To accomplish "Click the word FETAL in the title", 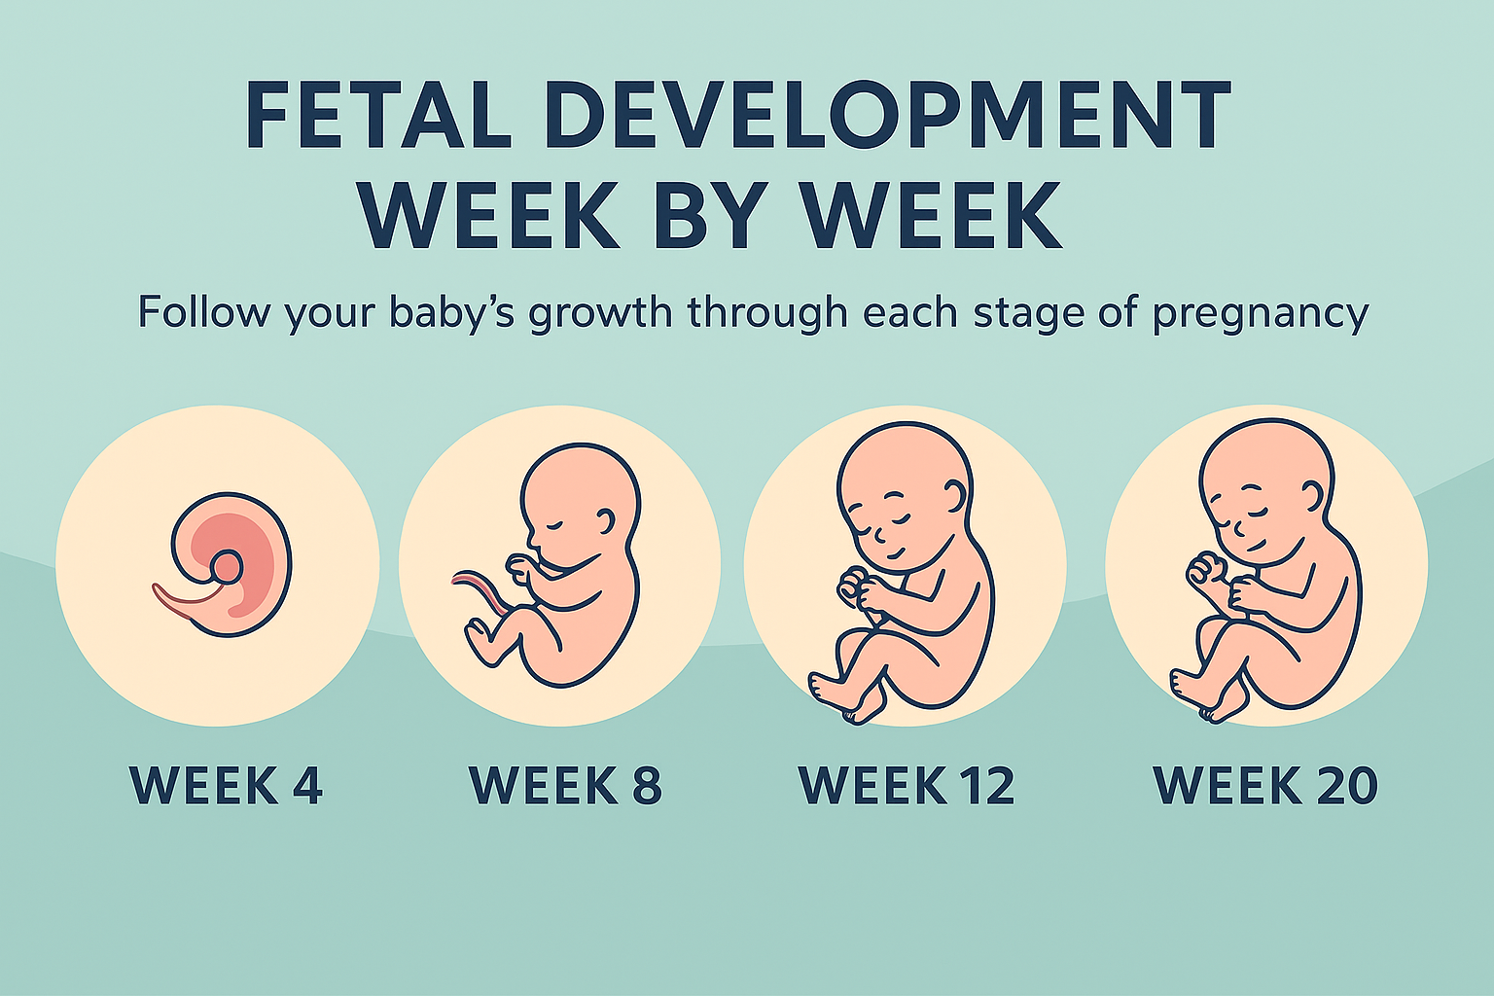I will [x=378, y=116].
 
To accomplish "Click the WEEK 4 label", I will [x=226, y=786].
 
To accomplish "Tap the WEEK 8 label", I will [x=565, y=786].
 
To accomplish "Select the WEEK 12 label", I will [x=907, y=786].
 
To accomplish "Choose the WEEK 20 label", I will [x=1265, y=786].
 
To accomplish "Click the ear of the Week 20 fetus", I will [x=1312, y=497].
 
